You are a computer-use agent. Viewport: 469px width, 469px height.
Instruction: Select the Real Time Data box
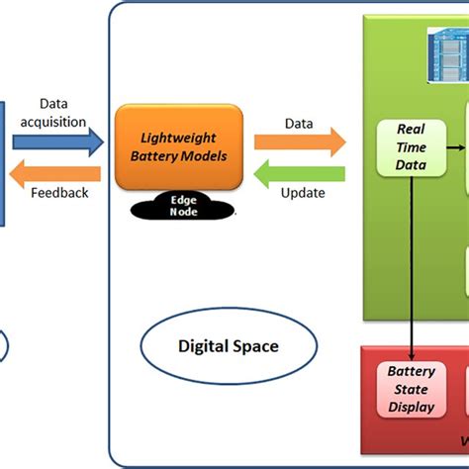pos(411,147)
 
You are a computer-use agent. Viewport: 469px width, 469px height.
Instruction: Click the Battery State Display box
pos(411,389)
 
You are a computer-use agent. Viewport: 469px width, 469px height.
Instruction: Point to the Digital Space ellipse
pos(228,346)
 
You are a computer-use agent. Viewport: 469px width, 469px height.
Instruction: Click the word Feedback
pos(60,194)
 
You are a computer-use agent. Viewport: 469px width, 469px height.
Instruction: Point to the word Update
pos(302,193)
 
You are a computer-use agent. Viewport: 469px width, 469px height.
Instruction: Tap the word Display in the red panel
pos(411,406)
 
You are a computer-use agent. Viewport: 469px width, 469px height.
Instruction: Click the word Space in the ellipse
pos(256,346)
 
